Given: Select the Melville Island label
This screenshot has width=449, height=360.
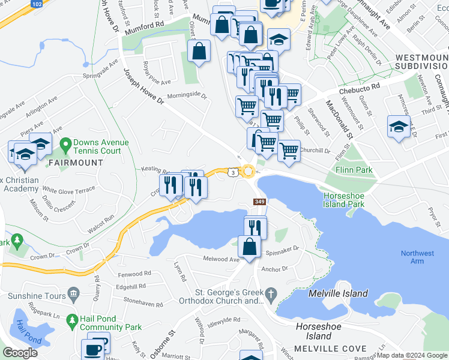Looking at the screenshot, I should click(337, 293).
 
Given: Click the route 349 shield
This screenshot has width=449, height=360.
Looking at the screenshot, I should click(260, 203).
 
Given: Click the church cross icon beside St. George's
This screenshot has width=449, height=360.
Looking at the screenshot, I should click(271, 294).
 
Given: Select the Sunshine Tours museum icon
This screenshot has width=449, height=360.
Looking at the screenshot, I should click(74, 295).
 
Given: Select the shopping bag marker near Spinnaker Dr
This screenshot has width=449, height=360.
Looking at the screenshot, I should click(249, 245).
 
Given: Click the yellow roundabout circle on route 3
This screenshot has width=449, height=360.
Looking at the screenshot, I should click(248, 172).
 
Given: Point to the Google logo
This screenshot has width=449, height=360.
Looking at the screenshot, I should click(20, 352).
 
